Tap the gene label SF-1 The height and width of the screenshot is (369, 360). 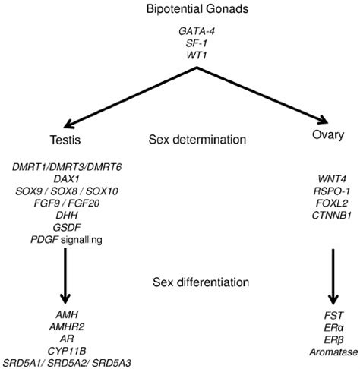coord(199,43)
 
